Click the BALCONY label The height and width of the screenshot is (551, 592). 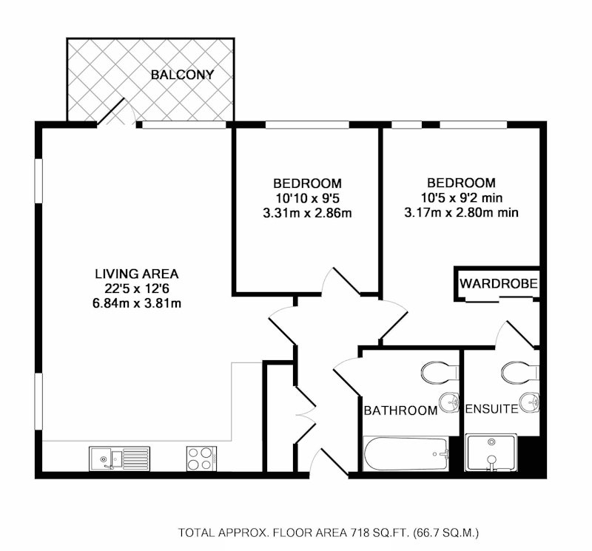click(182, 75)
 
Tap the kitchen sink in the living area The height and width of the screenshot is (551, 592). click(119, 459)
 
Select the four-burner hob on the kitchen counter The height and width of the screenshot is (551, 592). click(201, 459)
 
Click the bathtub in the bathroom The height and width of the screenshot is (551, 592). click(406, 453)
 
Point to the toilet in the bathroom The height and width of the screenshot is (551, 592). click(440, 373)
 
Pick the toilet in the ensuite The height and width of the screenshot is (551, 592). click(521, 373)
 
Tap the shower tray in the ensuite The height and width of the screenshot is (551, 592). click(491, 453)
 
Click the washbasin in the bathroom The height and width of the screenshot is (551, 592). click(450, 402)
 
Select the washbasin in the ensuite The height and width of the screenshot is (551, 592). click(530, 402)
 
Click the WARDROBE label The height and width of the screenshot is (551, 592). click(499, 283)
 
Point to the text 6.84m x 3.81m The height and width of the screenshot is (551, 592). click(137, 303)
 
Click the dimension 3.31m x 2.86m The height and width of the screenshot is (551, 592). click(307, 213)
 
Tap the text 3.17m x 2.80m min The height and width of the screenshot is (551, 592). click(461, 212)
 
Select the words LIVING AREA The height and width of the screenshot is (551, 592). click(137, 273)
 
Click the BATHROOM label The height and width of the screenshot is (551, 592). click(400, 410)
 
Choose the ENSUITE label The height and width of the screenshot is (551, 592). click(492, 409)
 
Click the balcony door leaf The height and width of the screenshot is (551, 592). click(111, 112)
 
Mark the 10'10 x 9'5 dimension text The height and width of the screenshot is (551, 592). click(307, 198)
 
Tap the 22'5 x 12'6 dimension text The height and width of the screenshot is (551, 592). click(137, 288)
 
